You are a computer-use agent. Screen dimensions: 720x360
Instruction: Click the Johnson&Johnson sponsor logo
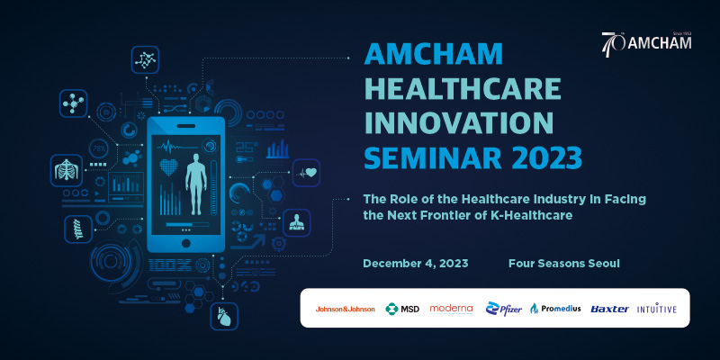[345, 309]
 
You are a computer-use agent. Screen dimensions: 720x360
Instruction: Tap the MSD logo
[402, 309]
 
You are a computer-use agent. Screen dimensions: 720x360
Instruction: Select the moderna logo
[452, 309]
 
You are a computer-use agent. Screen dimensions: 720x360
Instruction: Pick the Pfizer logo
[504, 309]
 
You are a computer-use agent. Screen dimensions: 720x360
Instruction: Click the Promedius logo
[555, 309]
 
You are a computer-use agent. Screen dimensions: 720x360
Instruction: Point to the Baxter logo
[610, 309]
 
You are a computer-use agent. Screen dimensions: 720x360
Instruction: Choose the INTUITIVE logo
[657, 309]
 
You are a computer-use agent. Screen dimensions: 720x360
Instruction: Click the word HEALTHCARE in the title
[463, 88]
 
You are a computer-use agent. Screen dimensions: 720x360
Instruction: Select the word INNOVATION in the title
[459, 122]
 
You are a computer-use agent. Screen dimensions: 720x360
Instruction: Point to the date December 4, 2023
[416, 264]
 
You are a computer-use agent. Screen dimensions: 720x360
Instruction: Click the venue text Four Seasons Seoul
[564, 264]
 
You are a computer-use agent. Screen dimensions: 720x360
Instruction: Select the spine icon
[78, 229]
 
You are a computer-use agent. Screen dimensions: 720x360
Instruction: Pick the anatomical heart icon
[224, 317]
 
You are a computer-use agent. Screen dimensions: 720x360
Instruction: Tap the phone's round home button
[185, 243]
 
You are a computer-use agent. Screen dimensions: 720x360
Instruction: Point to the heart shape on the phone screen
[168, 166]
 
